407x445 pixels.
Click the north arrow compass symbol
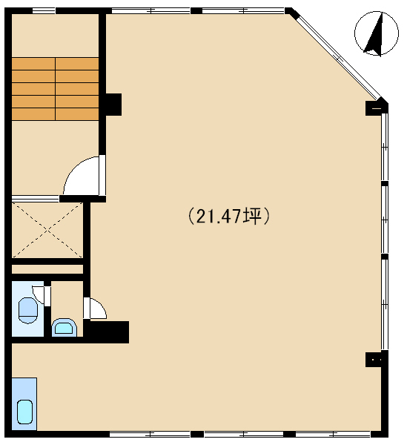[377, 33]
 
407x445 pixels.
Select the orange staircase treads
[55, 88]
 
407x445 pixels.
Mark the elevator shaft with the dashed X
[47, 230]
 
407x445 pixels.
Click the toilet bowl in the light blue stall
[27, 310]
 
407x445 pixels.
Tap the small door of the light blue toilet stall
[40, 295]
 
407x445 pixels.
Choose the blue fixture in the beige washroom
[64, 328]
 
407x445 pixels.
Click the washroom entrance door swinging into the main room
[96, 308]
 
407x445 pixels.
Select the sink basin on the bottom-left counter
[25, 412]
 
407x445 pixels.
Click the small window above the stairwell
[44, 11]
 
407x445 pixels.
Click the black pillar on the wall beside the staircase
[113, 105]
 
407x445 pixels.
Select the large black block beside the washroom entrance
[106, 332]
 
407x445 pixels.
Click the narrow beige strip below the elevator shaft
[47, 269]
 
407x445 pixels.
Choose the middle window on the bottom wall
[244, 434]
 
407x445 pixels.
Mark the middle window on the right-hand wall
[385, 220]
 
